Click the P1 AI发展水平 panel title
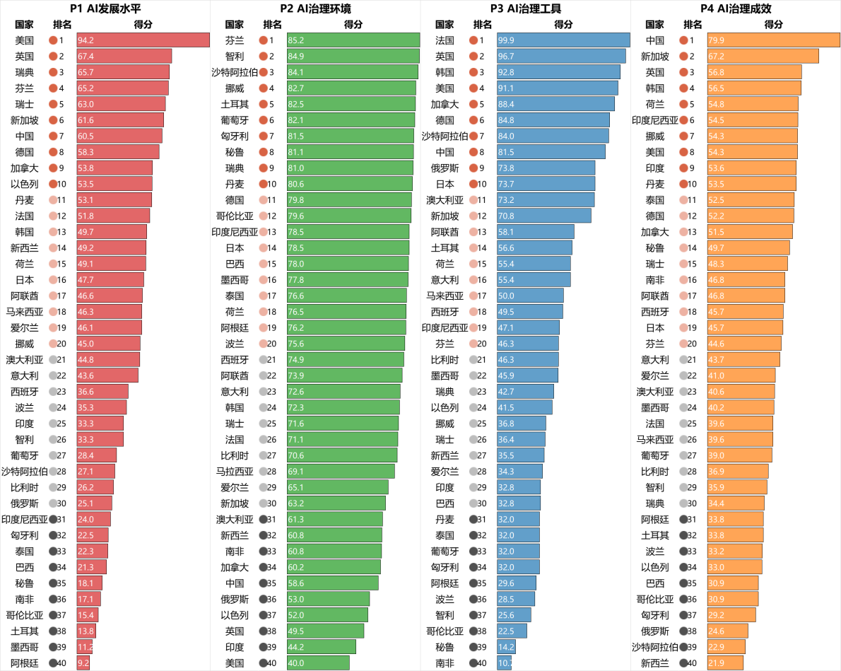(x=105, y=8)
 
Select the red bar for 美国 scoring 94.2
(x=143, y=40)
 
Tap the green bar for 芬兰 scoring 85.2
(x=353, y=40)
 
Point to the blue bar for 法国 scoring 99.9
(x=563, y=40)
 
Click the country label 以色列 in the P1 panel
(x=24, y=184)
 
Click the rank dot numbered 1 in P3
(x=473, y=40)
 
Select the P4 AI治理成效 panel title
(x=735, y=8)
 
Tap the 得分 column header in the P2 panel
(x=353, y=24)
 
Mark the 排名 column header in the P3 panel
(x=482, y=24)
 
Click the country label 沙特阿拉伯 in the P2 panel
(x=235, y=72)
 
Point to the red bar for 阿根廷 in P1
(x=83, y=663)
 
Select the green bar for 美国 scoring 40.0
(x=318, y=663)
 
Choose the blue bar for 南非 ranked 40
(x=504, y=663)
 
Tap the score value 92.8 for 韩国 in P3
(x=506, y=72)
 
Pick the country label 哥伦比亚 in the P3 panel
(x=445, y=631)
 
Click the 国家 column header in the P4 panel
(x=655, y=24)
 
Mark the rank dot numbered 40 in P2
(x=263, y=663)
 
